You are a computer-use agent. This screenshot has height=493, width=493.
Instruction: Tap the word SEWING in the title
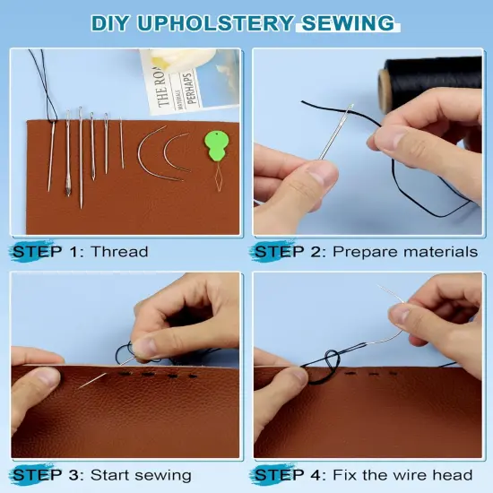[x=356, y=22]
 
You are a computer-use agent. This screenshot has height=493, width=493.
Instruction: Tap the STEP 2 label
[x=290, y=252]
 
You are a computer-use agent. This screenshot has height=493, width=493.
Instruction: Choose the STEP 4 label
[x=290, y=474]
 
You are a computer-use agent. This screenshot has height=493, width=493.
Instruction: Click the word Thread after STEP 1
[x=120, y=252]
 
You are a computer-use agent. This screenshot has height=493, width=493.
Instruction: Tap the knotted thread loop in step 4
[x=322, y=368]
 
